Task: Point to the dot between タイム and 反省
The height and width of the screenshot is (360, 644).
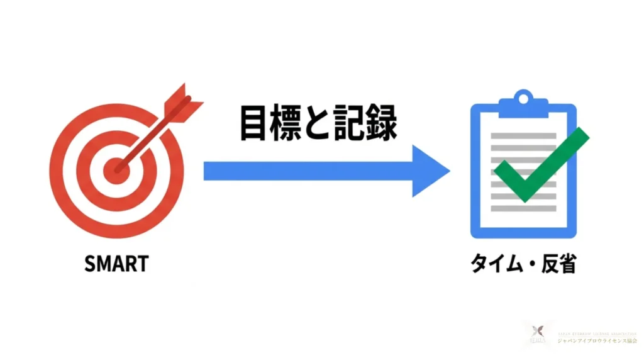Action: coord(527,265)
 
